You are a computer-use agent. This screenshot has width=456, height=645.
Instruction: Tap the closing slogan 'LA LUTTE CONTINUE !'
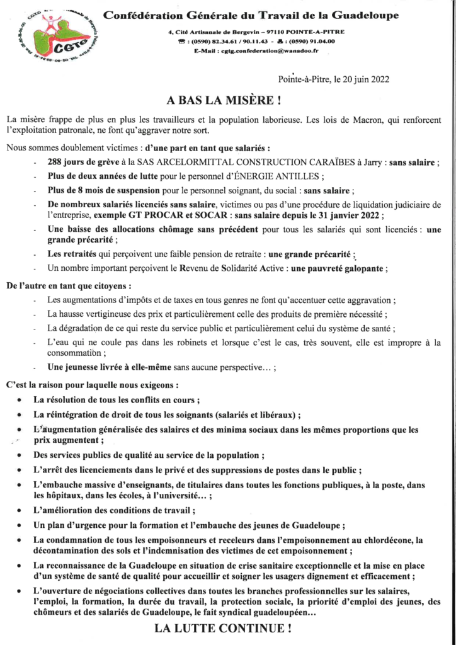(224, 627)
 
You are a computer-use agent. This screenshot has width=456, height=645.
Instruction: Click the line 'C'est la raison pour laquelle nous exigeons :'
(92, 384)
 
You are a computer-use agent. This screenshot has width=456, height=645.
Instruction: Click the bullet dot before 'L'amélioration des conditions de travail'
(21, 509)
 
